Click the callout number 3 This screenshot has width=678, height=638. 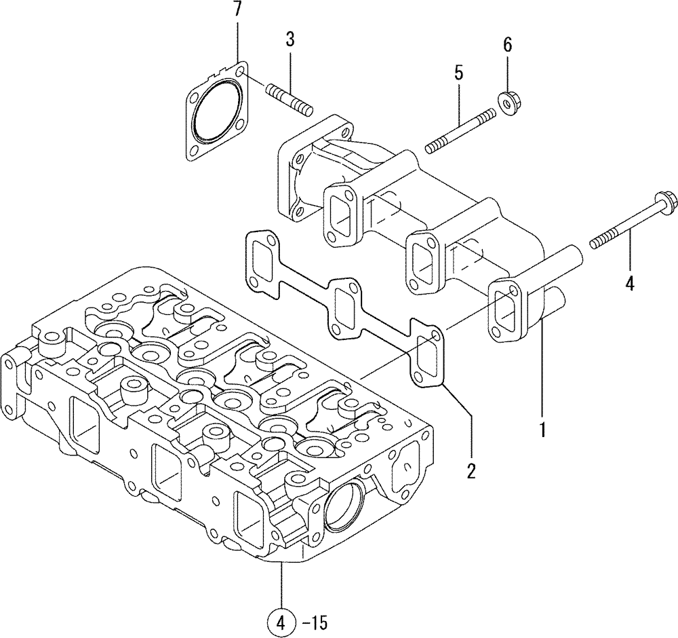coord(290,40)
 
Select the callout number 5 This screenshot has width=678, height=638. coord(458,73)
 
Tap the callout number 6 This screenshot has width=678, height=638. coord(507,45)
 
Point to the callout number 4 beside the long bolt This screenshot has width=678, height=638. coord(629,284)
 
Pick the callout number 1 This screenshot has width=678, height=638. coord(542,430)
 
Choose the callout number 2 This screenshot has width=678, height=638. coord(471,470)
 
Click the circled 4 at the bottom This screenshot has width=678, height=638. coord(281,620)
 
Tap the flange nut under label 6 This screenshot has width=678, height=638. coord(507,100)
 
